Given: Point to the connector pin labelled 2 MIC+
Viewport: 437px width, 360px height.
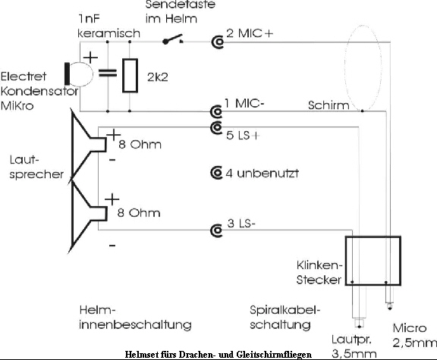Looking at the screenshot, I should [x=218, y=42].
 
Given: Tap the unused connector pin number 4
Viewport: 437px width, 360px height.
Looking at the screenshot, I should [x=218, y=174].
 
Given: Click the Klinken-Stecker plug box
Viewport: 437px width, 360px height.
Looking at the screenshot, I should [x=373, y=261].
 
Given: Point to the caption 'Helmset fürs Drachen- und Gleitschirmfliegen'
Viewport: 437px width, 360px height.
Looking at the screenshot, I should [x=219, y=355].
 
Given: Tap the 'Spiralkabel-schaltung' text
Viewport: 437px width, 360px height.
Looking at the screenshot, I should [x=285, y=318].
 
